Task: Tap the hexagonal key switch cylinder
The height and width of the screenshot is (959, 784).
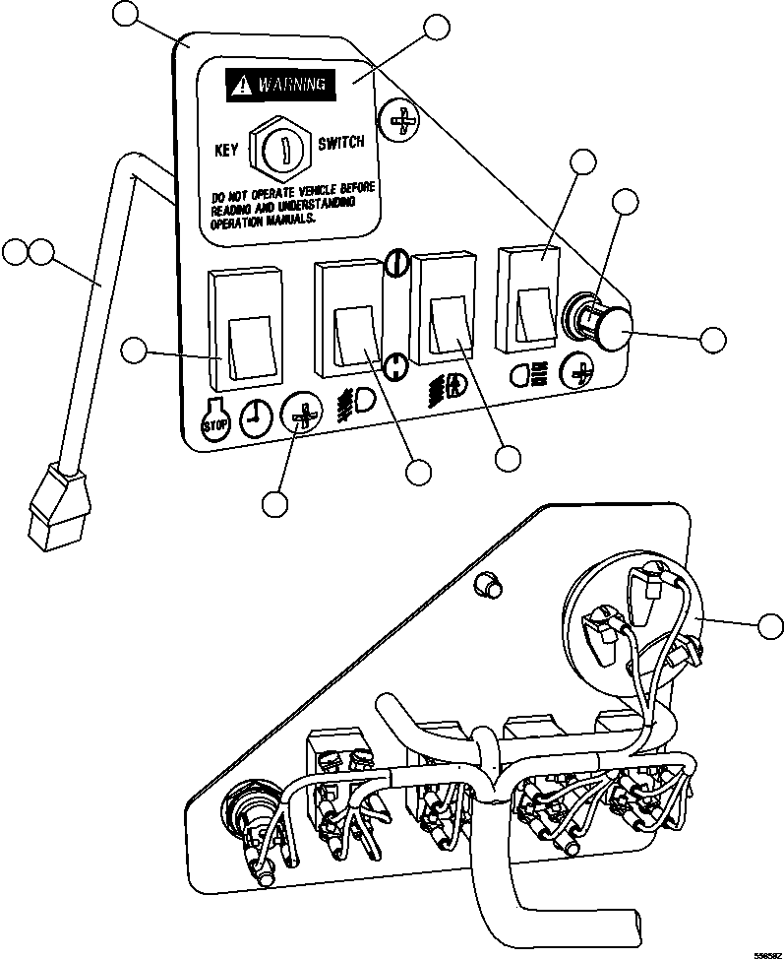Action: (280, 149)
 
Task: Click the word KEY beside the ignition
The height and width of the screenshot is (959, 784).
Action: (227, 152)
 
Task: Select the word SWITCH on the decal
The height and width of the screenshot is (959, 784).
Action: (340, 143)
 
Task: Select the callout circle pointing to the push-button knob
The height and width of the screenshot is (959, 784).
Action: (713, 339)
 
